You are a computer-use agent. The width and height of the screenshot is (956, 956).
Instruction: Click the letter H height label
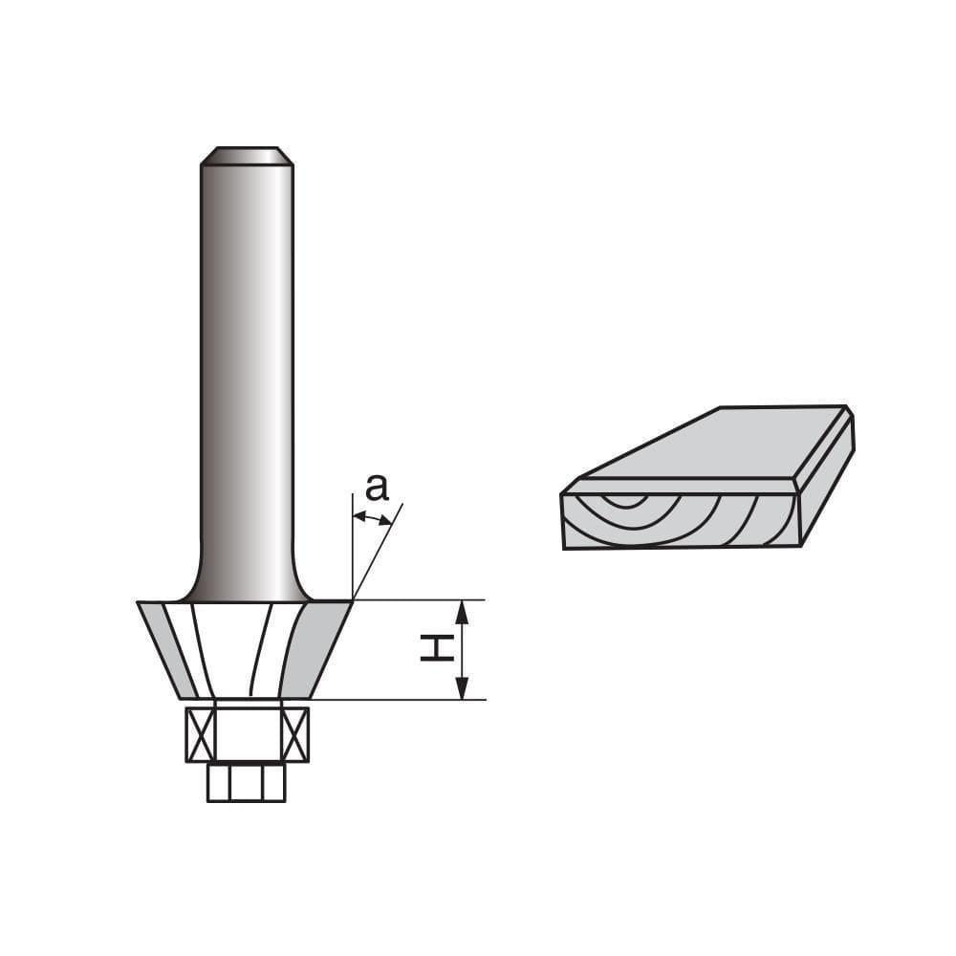point(436,650)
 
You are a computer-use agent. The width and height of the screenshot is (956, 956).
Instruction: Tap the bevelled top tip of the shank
point(247,155)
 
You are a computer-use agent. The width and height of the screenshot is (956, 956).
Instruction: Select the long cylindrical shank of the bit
point(247,363)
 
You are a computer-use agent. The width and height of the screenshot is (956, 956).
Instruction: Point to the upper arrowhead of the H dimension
point(462,612)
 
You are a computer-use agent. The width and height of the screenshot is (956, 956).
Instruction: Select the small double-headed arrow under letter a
point(372,518)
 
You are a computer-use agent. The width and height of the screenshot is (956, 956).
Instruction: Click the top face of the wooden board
point(707,445)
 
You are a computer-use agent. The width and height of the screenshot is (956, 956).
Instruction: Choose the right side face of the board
point(828,483)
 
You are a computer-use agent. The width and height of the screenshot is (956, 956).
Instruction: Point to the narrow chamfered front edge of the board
point(679,485)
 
